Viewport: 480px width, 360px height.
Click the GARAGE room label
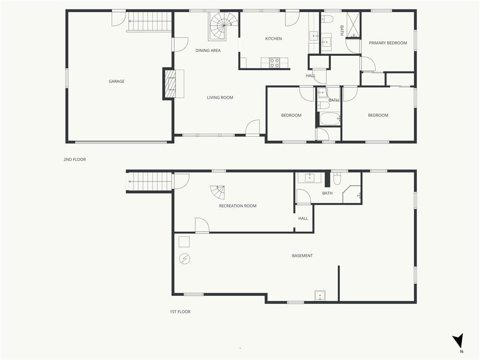coord(116,81)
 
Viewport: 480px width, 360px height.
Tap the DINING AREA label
coord(208,51)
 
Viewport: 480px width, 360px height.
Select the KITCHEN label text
coord(273,38)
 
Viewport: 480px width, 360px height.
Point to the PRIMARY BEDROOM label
coord(388,43)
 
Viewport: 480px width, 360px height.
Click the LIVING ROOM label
coord(220,97)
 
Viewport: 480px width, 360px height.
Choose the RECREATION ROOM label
coord(238,206)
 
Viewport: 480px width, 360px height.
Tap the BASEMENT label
coord(302,255)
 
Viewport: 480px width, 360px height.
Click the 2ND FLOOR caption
coord(75,159)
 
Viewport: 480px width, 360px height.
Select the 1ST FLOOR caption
coord(180,312)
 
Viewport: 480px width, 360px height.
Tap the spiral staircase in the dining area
coord(223,26)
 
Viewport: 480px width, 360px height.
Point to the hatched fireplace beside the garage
coord(170,84)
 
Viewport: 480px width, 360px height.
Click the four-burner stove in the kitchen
coord(274,63)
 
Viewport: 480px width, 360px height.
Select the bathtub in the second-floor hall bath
coord(330,119)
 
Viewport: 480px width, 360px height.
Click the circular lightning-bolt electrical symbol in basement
coord(185,259)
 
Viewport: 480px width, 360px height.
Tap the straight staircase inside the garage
coord(150,21)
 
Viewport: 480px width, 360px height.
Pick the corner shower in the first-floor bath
coord(352,194)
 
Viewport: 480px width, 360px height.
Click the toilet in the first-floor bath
coord(337,179)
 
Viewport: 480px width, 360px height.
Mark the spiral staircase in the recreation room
coord(217,192)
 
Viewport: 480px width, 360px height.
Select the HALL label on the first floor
coord(303,218)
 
